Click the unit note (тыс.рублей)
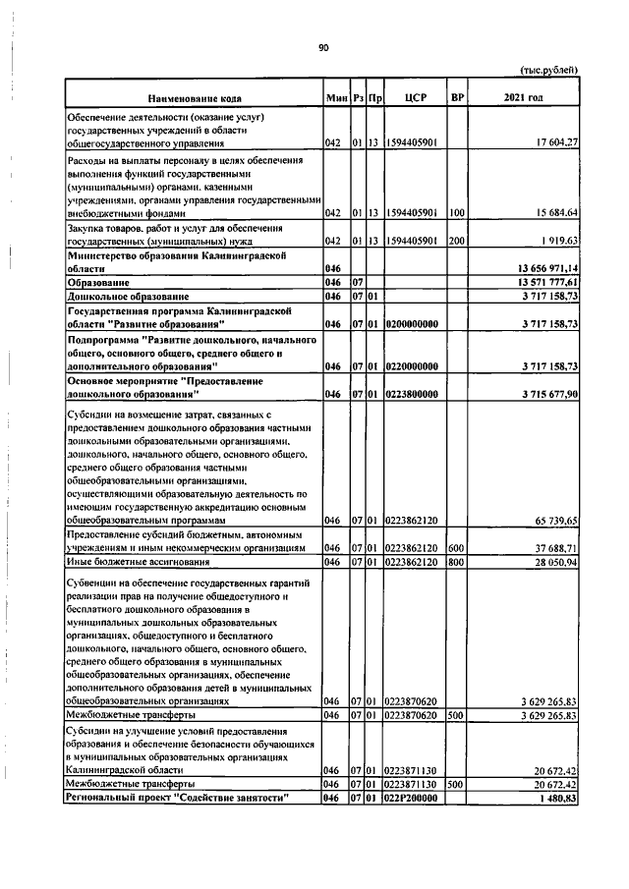coord(547,70)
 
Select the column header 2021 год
coord(522,98)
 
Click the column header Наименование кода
coord(195,98)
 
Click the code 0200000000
coord(413,323)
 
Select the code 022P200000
coord(413,799)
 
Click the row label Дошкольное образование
coord(128,295)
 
